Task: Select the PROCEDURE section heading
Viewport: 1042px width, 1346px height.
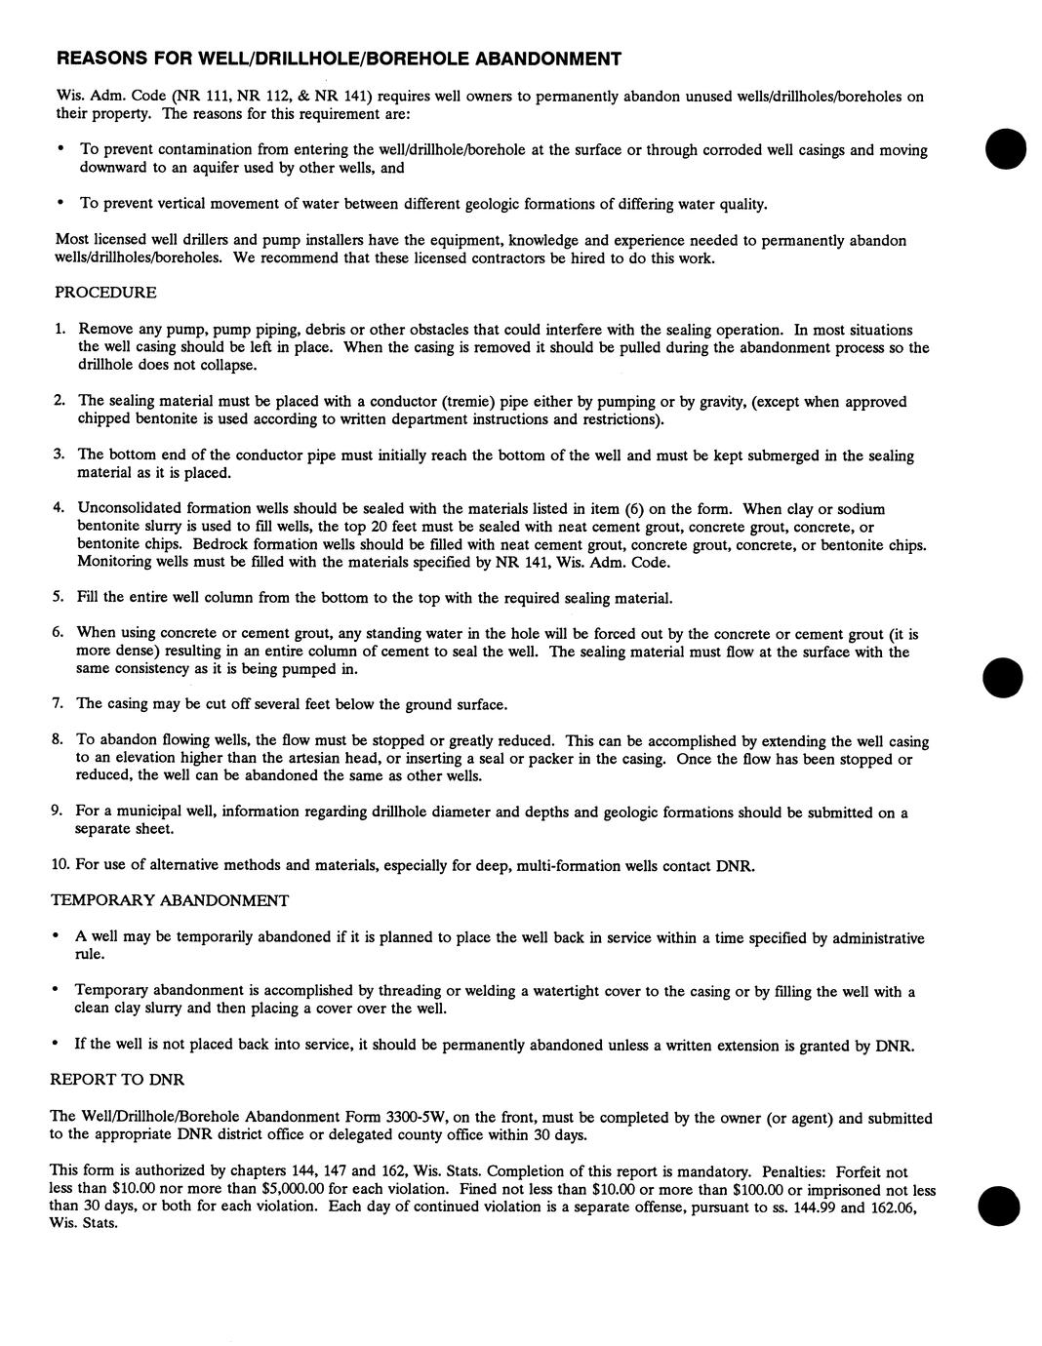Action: click(105, 293)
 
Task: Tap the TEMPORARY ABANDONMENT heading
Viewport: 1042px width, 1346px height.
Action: click(170, 900)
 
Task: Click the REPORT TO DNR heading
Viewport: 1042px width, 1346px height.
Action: click(117, 1080)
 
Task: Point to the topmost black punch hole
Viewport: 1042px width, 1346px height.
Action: click(1006, 149)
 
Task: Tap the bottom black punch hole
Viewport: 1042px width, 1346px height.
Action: click(1000, 1206)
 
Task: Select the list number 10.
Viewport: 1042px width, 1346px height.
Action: click(60, 864)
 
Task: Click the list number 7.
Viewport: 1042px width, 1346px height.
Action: click(58, 703)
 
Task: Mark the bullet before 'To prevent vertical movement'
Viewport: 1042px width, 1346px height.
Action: click(60, 203)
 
